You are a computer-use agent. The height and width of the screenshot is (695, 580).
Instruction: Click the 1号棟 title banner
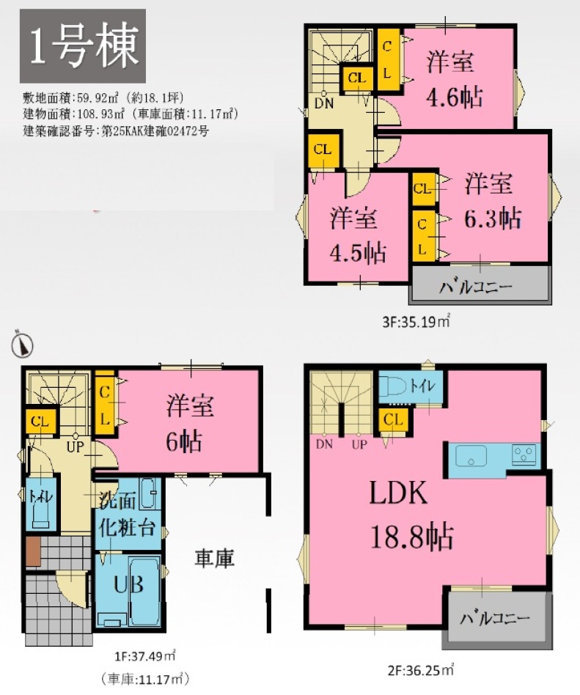point(83,46)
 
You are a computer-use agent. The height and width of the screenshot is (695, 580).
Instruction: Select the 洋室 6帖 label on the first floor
point(190,423)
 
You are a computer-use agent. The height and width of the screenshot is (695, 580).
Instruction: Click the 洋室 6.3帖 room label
point(492,201)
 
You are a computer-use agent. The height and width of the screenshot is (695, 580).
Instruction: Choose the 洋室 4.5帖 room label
point(357,235)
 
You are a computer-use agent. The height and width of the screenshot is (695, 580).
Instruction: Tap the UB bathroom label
point(128,585)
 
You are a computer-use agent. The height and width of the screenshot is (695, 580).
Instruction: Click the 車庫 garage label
point(214,559)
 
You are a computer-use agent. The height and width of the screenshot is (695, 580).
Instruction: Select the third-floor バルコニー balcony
point(480,285)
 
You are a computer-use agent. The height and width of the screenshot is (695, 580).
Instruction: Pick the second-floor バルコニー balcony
point(498,617)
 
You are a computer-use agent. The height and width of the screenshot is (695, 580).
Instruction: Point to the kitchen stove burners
point(524,454)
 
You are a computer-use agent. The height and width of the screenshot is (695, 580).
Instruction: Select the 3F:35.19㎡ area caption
point(416,320)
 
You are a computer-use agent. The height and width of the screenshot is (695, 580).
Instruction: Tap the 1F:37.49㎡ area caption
point(145,655)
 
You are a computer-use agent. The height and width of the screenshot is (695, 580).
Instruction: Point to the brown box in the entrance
point(33,551)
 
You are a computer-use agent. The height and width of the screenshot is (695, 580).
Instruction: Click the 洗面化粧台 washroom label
point(127,515)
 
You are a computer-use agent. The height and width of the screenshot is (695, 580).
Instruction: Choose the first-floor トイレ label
point(41,496)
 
